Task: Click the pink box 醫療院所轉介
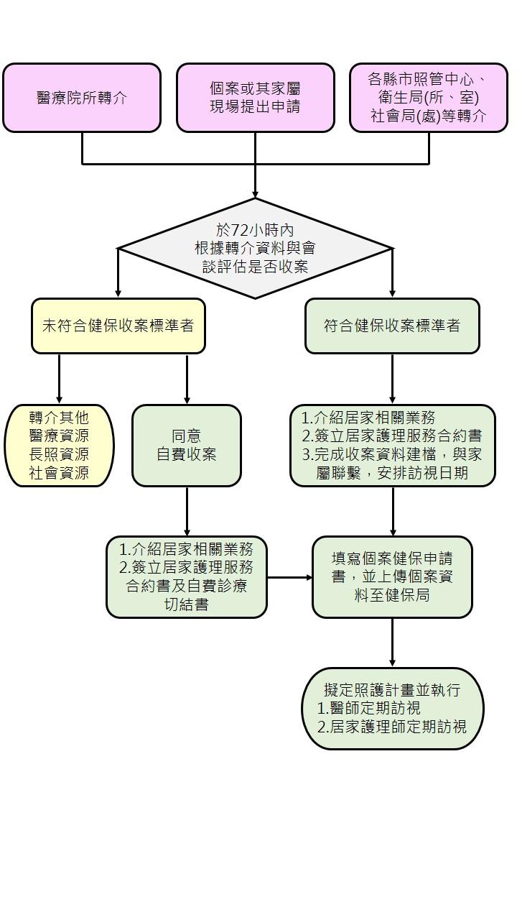click(x=82, y=98)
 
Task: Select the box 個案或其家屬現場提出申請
click(x=255, y=98)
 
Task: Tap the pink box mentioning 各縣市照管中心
click(x=429, y=98)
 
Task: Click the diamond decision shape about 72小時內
click(x=255, y=249)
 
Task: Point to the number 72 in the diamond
click(x=240, y=231)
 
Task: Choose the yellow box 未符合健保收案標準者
click(x=118, y=326)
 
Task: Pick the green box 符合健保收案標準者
click(x=392, y=326)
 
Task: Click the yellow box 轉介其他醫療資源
click(x=59, y=446)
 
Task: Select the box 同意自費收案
click(x=187, y=446)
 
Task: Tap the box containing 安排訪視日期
click(x=393, y=446)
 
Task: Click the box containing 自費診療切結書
click(x=187, y=577)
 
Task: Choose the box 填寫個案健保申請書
click(x=392, y=577)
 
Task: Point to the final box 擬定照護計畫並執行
click(x=393, y=709)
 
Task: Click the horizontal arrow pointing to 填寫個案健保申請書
click(x=289, y=577)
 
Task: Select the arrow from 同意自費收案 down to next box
click(x=187, y=511)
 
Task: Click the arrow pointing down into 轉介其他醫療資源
click(x=59, y=379)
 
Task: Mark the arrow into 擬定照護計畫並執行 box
click(x=392, y=643)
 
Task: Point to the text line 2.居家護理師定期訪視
click(x=392, y=727)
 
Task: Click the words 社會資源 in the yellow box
click(x=59, y=473)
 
